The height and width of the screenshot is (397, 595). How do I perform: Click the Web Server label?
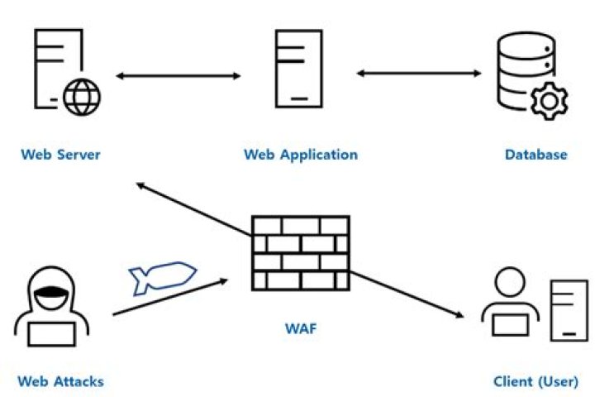point(60,154)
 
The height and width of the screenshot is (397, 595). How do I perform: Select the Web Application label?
point(301,154)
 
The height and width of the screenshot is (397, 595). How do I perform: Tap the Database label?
point(536,154)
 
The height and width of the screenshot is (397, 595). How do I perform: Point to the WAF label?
point(300,329)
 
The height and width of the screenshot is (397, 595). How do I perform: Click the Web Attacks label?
point(60,381)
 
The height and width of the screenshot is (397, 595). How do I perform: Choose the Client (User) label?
point(535,381)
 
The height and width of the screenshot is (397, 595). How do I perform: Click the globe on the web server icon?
point(82,98)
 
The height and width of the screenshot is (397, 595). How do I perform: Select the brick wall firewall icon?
point(300,252)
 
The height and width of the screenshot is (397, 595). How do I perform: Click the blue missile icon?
point(162,279)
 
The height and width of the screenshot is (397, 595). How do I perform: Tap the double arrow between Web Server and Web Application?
point(178,76)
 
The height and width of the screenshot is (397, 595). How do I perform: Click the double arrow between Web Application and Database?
point(419,74)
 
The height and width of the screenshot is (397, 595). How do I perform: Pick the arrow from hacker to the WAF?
point(169,298)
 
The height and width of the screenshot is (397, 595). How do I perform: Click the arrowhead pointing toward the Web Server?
point(141,187)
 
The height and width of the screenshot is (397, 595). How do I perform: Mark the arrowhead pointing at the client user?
point(455,315)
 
